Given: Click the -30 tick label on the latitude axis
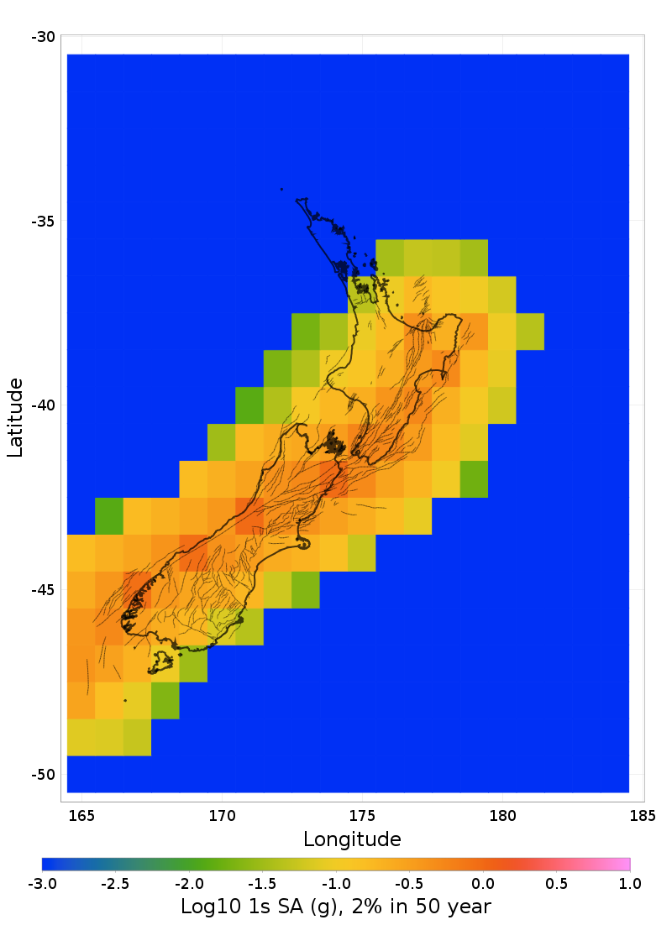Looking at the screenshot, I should [x=44, y=37].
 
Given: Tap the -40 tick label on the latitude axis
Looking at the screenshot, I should [x=44, y=405].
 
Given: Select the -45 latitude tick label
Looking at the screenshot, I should [x=44, y=590].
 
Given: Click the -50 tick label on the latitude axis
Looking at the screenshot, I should [x=44, y=774].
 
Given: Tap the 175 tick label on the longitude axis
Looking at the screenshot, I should [x=362, y=815].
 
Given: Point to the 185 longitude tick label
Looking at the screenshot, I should [x=643, y=815].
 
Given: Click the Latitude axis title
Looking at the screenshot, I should [x=15, y=417].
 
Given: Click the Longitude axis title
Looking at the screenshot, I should [x=352, y=839].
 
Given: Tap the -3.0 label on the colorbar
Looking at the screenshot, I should [x=42, y=883].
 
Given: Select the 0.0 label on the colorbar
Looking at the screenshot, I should [x=483, y=883].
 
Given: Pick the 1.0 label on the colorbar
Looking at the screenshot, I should [x=630, y=883].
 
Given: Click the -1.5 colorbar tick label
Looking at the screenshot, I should [x=262, y=883].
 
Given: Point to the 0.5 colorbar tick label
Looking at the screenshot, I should [x=557, y=883].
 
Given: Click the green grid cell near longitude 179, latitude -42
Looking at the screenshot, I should [x=474, y=479].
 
